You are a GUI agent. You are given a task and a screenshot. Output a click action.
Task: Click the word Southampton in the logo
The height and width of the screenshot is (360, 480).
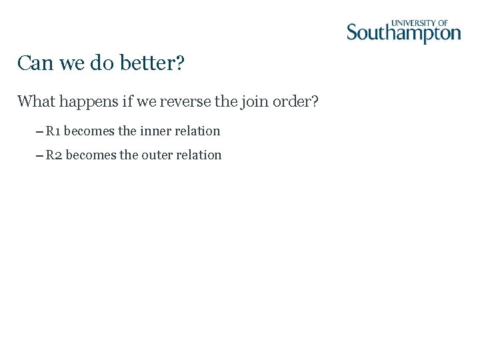403,33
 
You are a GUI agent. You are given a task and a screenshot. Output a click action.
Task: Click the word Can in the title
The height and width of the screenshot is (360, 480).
31,64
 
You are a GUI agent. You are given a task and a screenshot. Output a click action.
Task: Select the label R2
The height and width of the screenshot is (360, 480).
54,155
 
